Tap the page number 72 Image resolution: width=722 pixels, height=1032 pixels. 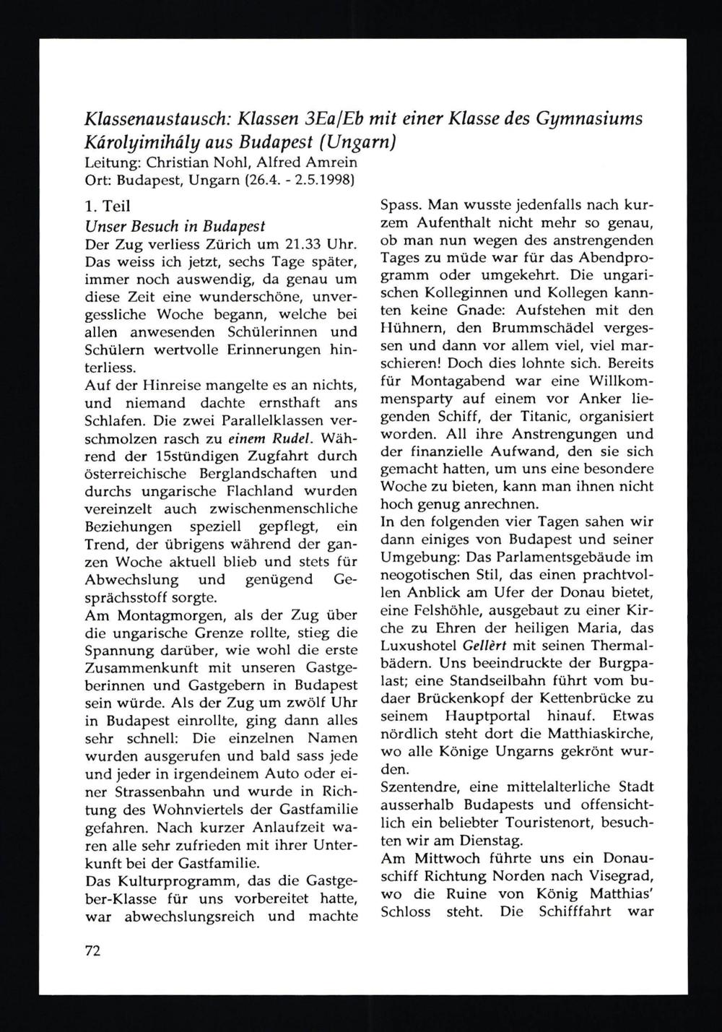[x=92, y=951]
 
